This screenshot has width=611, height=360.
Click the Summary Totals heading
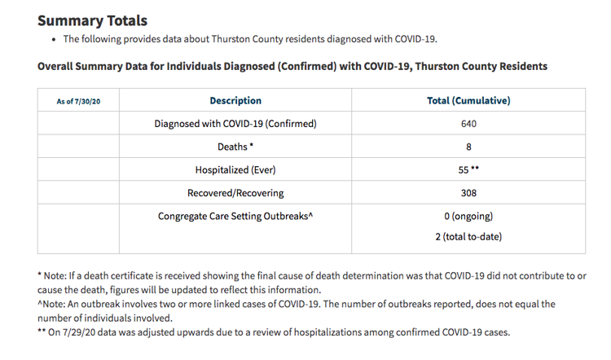(92, 20)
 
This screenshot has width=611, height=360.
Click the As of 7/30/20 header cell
(78, 101)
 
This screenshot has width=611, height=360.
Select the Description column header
(235, 100)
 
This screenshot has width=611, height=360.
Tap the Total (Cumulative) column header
(468, 100)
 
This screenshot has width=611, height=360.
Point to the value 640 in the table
(468, 124)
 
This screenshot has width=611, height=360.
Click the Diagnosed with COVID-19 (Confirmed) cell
(235, 124)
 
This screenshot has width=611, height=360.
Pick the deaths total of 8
(468, 147)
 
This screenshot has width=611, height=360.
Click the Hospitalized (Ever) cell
(235, 170)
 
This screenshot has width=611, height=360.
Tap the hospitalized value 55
(464, 170)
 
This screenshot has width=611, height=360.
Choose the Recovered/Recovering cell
(235, 193)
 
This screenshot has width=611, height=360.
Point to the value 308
(468, 193)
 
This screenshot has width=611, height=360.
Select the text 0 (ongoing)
(468, 216)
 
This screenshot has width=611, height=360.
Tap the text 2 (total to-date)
(468, 236)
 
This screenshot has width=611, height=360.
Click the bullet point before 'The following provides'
(54, 40)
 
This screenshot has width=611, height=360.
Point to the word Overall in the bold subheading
(55, 66)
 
